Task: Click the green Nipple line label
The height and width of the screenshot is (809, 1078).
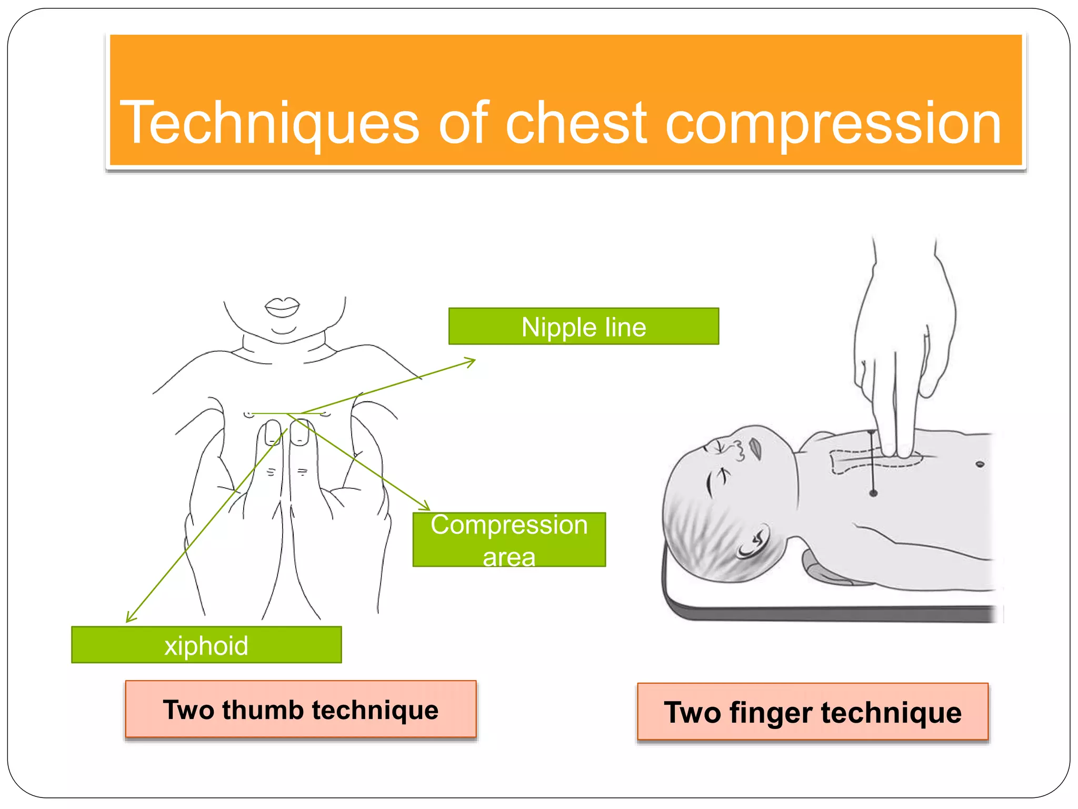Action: click(583, 327)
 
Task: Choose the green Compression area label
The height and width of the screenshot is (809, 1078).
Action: click(509, 539)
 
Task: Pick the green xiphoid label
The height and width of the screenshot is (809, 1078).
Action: click(206, 645)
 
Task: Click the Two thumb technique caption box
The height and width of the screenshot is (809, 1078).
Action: click(301, 709)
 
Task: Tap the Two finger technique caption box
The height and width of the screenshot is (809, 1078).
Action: click(812, 712)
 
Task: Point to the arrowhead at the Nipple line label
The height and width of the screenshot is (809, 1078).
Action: click(472, 361)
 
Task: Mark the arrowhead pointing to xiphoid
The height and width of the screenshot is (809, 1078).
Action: click(129, 618)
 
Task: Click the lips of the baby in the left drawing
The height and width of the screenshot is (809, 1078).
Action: click(282, 307)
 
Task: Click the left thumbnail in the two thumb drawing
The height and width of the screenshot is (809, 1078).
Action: click(273, 432)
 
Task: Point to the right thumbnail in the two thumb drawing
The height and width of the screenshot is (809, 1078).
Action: click(300, 432)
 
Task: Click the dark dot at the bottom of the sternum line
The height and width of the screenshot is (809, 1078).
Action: click(873, 494)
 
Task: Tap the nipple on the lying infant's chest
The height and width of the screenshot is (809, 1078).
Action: click(980, 464)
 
